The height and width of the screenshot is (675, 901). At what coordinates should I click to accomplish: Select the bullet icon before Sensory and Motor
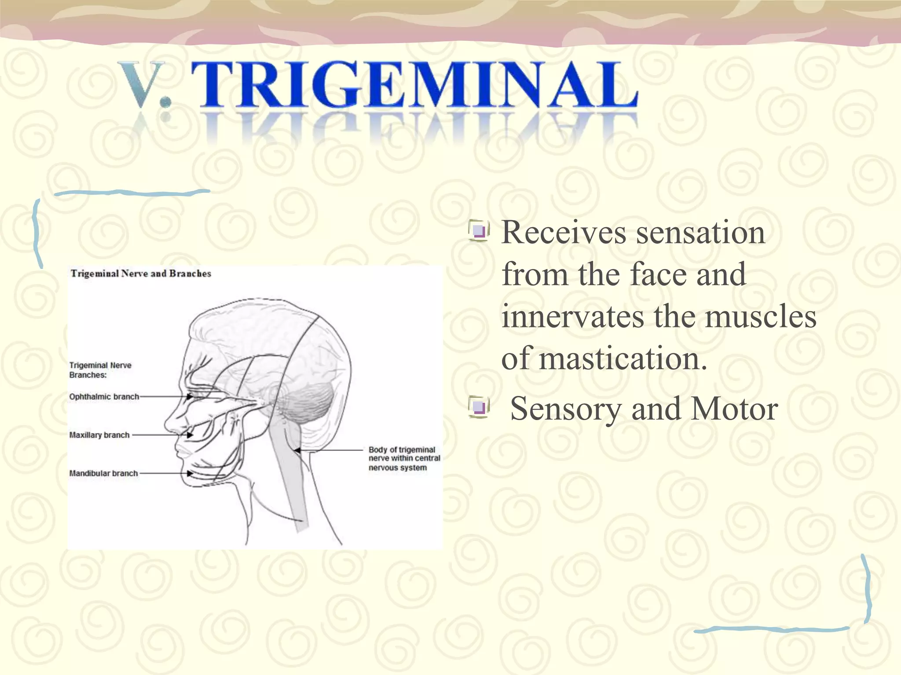(479, 406)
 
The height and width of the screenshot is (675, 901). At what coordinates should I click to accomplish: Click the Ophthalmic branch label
(104, 396)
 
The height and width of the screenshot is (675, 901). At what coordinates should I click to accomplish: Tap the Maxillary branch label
(99, 435)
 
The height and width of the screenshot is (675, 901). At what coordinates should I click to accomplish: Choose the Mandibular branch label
(103, 473)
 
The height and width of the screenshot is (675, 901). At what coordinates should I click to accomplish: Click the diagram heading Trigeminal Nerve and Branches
(141, 273)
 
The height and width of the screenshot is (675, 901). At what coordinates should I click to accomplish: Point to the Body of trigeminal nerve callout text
(404, 458)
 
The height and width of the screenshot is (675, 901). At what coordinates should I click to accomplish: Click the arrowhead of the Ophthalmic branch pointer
(190, 396)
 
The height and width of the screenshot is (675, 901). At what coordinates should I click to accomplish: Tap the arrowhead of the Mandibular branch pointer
(190, 473)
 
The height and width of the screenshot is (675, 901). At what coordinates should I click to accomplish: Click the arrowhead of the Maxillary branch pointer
(190, 435)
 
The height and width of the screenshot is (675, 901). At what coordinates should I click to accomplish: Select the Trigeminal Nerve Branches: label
(100, 370)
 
